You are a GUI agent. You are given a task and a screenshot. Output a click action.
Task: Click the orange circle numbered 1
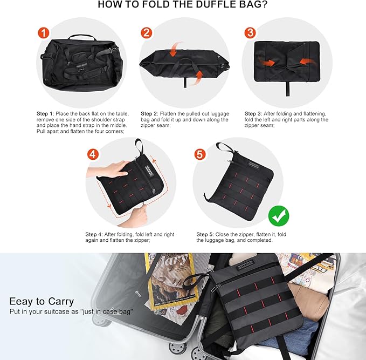click(43, 32)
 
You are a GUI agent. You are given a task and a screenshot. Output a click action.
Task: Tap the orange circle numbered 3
click(250, 32)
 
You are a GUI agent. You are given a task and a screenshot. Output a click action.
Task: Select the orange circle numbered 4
click(93, 154)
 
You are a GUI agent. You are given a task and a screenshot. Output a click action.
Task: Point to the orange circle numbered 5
click(200, 154)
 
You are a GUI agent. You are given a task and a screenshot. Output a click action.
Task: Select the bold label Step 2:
click(150, 114)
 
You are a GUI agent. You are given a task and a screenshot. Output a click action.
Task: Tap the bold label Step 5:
click(205, 234)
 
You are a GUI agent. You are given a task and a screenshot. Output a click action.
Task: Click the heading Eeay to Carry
click(42, 301)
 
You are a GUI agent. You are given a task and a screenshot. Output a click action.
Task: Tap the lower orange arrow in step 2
click(198, 74)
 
